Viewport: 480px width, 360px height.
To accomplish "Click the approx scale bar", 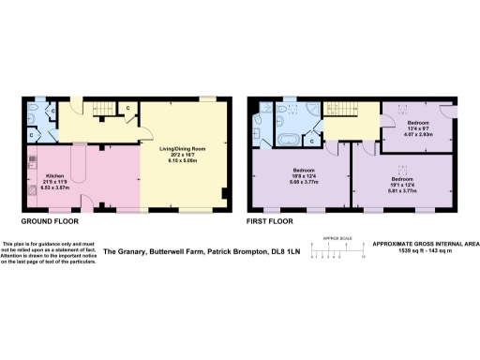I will tap(337, 246).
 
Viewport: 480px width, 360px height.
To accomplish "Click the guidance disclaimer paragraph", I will tap(49, 250).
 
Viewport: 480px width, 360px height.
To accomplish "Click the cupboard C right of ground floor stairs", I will tap(127, 107).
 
